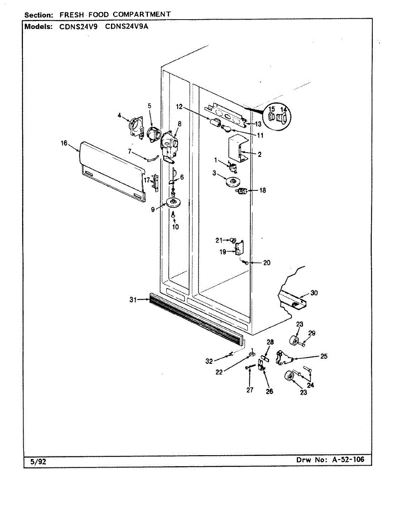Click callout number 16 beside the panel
coord(64,143)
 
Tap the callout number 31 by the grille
coord(133,300)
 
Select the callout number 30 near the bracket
coord(314,293)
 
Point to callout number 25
coord(324,357)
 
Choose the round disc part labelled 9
coord(173,203)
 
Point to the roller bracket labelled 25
coord(283,357)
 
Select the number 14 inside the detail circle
coord(284,110)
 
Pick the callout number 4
coord(119,115)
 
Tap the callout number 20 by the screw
coord(266,263)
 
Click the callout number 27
coord(249,390)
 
